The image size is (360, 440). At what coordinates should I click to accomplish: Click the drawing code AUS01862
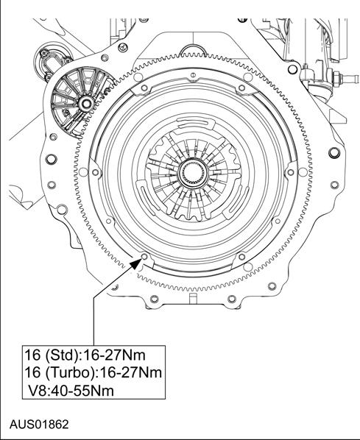click(x=39, y=424)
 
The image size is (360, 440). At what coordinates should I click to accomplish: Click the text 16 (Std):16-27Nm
click(x=85, y=355)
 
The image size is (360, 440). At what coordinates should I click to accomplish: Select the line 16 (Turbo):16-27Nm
click(x=93, y=372)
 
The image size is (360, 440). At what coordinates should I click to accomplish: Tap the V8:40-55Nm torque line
click(x=71, y=391)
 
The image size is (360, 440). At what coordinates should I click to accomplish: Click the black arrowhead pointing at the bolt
click(x=136, y=263)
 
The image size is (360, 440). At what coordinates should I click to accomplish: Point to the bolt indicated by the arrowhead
click(x=144, y=256)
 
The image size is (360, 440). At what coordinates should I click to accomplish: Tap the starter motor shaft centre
click(x=85, y=104)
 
